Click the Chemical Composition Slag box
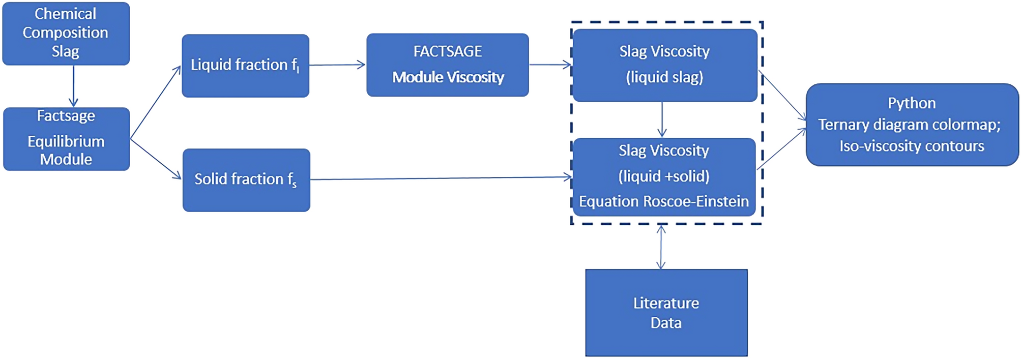[x=66, y=33]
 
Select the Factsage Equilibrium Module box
[x=66, y=138]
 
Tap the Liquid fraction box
[x=245, y=66]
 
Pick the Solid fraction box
[x=246, y=179]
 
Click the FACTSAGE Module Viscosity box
[x=447, y=65]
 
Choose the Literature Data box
[x=666, y=312]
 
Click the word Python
[x=912, y=103]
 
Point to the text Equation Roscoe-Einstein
[x=663, y=201]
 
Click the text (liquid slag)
[x=664, y=77]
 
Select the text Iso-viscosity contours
[x=912, y=146]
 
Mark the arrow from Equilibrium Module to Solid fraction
[x=155, y=158]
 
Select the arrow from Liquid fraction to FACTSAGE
[x=337, y=65]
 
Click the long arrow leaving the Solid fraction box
[x=441, y=178]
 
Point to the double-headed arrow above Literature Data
[x=661, y=247]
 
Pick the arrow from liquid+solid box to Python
[x=782, y=148]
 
